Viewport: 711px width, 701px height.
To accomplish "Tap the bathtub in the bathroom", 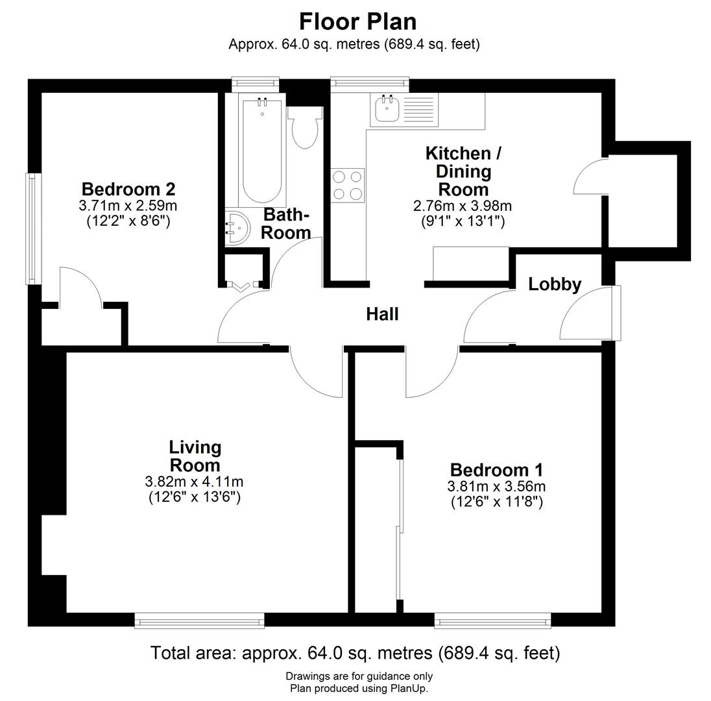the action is (x=262, y=151).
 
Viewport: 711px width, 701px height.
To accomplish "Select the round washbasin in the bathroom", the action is (x=237, y=227).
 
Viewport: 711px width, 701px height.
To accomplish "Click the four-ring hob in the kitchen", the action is (x=348, y=185).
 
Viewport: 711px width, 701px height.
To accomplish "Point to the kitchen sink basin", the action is (x=387, y=109).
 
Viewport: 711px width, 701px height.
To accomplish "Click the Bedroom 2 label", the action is (x=128, y=189).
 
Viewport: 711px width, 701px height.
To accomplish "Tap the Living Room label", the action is (x=195, y=456).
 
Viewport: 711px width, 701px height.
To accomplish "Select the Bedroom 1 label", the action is (x=496, y=469).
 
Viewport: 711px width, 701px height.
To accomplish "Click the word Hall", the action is (x=382, y=314).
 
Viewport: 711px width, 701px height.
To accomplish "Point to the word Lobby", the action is (x=555, y=284).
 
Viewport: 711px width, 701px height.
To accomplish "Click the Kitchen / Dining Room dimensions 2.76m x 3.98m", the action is (x=463, y=206).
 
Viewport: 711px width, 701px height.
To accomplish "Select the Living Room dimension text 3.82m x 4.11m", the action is (x=194, y=482).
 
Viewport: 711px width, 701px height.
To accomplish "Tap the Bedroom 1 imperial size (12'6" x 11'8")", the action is (x=496, y=502).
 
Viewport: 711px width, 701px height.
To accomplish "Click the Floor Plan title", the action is (x=357, y=21).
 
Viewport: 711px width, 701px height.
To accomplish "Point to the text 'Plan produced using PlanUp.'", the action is (x=359, y=688).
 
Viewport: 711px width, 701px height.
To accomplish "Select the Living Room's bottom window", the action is (x=200, y=621).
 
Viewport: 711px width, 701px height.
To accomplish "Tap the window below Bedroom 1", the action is (x=493, y=621).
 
